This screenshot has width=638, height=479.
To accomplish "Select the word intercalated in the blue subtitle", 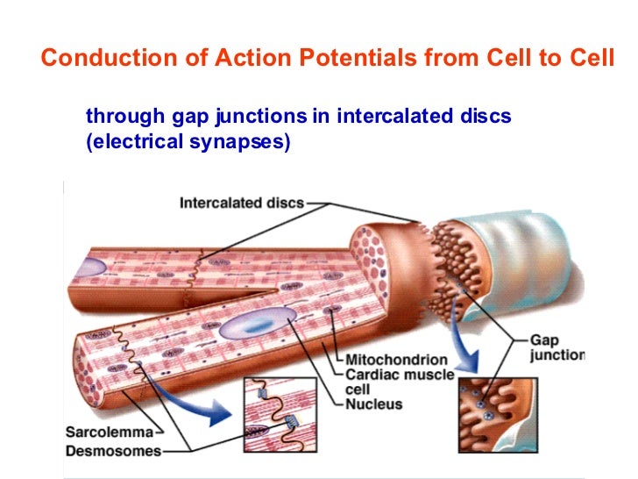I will pyautogui.click(x=393, y=116).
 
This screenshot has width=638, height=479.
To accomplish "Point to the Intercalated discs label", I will pyautogui.click(x=242, y=203).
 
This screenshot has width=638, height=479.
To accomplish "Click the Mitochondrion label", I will pyautogui.click(x=396, y=359).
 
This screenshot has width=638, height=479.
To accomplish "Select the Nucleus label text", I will pyautogui.click(x=373, y=404).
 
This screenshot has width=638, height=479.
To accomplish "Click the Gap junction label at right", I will pyautogui.click(x=556, y=347).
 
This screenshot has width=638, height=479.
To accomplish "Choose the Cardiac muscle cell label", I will pyautogui.click(x=399, y=382).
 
